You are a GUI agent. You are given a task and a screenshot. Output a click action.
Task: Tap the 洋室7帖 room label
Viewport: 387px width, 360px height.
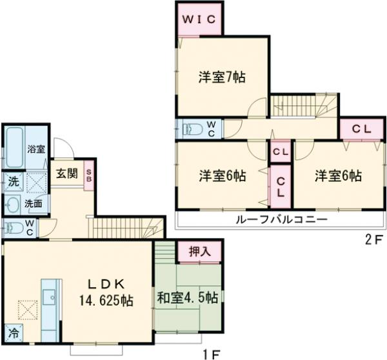[221, 76]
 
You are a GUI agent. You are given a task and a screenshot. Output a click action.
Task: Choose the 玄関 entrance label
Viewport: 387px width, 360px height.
[66, 173]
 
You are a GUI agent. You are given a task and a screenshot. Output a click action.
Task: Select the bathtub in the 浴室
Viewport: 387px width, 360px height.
[13, 146]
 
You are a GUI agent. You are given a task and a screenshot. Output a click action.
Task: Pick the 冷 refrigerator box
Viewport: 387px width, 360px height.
[14, 334]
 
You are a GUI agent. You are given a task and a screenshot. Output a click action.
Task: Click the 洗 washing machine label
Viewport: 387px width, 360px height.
[13, 183]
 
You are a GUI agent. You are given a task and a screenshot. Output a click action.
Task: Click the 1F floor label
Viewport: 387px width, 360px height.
[212, 353]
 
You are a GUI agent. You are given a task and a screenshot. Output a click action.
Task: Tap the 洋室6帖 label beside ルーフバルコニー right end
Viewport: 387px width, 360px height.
[338, 175]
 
